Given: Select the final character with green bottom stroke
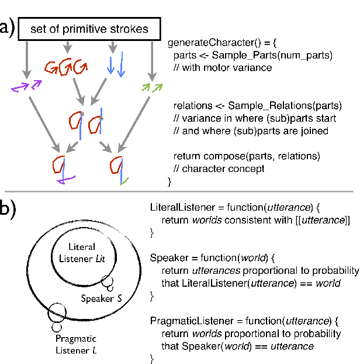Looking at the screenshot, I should tap(119, 169).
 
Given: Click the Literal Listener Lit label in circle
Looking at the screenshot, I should tap(86, 252).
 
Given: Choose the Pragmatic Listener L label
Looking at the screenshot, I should tap(76, 345).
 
